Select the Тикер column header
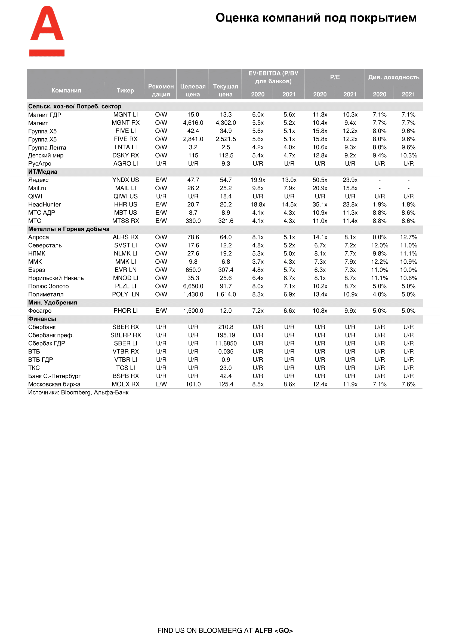[125, 90]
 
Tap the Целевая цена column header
[193, 90]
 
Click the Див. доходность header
[393, 77]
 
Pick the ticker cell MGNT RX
[125, 123]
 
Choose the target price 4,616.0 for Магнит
[193, 123]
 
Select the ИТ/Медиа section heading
[43, 172]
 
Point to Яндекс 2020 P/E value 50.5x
[320, 180]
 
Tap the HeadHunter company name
[44, 205]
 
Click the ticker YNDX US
[125, 180]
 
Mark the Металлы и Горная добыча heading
[69, 229]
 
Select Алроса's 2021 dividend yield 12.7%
[408, 237]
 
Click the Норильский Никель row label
[56, 278]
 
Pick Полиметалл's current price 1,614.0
[226, 295]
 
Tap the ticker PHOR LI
[125, 311]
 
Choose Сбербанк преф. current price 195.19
[226, 336]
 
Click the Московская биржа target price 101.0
[193, 385]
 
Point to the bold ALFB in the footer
[263, 630]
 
